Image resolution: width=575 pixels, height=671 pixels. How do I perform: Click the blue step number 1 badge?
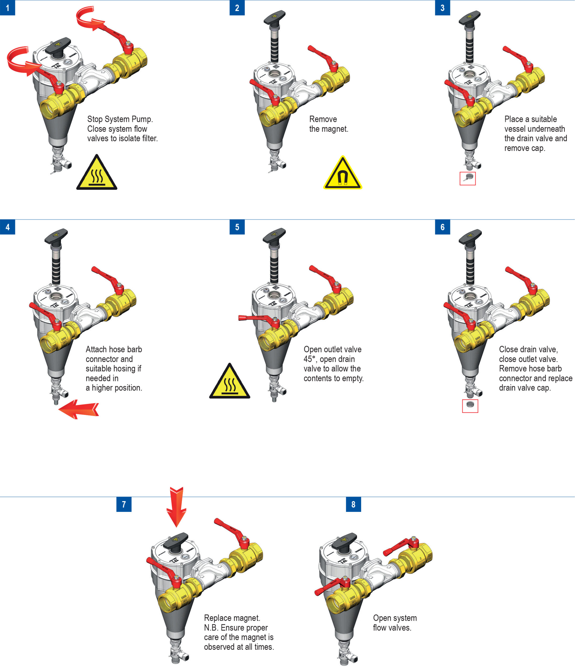[x=7, y=8]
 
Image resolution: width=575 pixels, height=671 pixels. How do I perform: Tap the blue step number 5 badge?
[x=237, y=227]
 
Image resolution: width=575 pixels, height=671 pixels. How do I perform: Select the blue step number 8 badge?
[x=353, y=504]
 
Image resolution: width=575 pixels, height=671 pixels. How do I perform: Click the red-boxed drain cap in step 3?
[x=468, y=178]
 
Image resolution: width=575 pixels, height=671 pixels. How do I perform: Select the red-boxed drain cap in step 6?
[x=470, y=406]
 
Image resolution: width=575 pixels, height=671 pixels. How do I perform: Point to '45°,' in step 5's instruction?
[x=310, y=359]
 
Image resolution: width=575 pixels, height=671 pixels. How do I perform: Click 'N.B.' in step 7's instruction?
[x=211, y=627]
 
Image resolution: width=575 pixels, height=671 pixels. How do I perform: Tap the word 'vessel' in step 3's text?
[x=516, y=129]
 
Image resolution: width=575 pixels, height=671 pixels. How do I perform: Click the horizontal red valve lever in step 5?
[x=255, y=318]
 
